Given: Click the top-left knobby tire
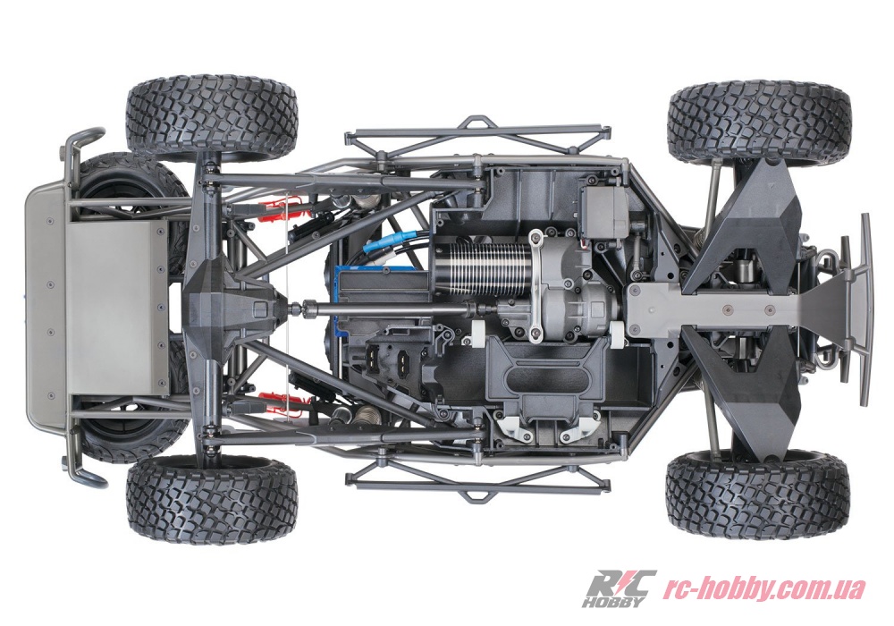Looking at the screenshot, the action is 212,118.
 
